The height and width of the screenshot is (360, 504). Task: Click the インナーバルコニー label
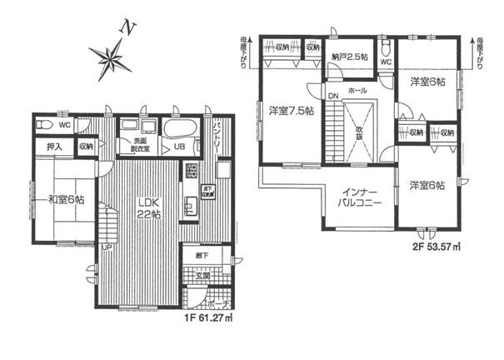click(359, 197)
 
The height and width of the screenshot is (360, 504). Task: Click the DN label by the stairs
click(332, 97)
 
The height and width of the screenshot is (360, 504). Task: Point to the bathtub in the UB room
click(178, 130)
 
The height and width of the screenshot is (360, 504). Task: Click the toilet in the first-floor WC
click(48, 126)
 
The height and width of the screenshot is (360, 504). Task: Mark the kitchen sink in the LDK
click(191, 174)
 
